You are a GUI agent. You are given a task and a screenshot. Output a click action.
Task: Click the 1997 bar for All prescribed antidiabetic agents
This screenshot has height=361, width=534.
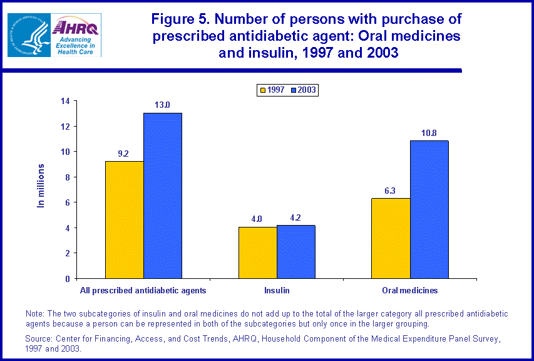click(125, 219)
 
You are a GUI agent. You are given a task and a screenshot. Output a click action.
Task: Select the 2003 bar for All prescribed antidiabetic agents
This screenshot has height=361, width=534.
click(163, 196)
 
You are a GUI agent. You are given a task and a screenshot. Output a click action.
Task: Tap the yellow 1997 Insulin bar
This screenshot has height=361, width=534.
click(257, 253)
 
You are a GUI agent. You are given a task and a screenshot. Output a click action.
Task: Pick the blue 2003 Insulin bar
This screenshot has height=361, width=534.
click(295, 251)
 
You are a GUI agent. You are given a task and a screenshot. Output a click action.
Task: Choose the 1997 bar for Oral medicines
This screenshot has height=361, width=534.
click(391, 238)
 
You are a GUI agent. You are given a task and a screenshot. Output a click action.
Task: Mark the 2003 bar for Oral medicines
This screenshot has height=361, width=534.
click(429, 209)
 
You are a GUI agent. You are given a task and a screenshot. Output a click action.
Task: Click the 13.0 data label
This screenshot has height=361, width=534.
click(163, 105)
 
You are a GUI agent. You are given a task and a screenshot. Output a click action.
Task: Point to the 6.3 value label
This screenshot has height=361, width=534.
click(391, 191)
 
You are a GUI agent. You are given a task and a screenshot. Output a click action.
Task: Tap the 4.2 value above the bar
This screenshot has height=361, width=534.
click(295, 217)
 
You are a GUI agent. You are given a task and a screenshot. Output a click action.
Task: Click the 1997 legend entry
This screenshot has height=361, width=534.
click(272, 90)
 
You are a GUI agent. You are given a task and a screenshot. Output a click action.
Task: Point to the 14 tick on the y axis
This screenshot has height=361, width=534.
click(65, 101)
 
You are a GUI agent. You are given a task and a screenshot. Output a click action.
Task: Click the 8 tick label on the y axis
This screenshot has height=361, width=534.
click(67, 177)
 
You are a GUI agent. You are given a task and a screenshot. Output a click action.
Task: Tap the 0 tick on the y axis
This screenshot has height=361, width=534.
click(67, 278)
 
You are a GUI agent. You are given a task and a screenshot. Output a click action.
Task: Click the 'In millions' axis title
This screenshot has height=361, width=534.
click(41, 186)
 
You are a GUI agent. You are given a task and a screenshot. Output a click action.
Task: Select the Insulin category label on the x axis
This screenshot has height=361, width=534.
click(277, 291)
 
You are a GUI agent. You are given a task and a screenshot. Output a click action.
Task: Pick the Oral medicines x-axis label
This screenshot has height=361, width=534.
click(410, 291)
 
